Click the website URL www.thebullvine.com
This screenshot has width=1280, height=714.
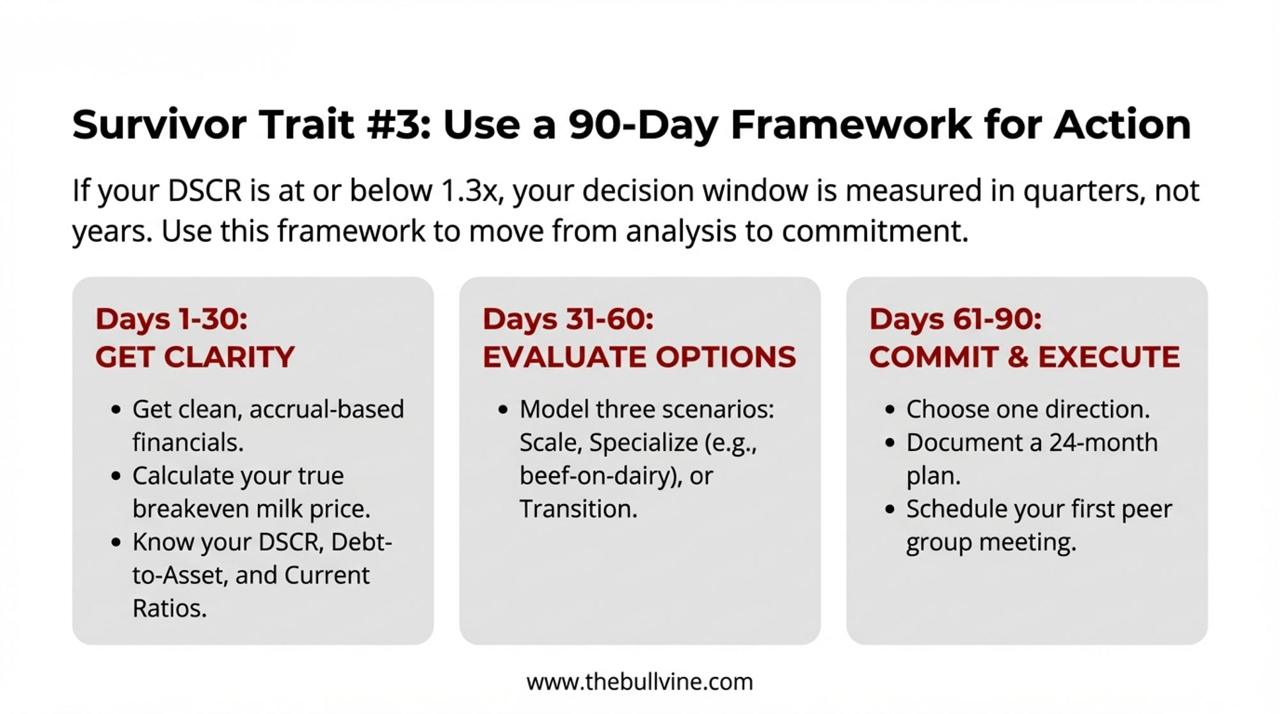coord(639,682)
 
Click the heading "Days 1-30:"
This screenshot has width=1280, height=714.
coord(172,319)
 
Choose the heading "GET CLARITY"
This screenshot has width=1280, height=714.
coord(195,357)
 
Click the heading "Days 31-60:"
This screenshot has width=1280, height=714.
coord(568,319)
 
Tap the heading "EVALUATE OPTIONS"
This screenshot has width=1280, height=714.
coord(639,357)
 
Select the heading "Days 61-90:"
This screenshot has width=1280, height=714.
coord(956,319)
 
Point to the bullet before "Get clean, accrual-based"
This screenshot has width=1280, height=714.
coord(116,410)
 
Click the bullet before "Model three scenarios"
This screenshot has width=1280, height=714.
coord(503,410)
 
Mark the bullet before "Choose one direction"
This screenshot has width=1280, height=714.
coord(890,410)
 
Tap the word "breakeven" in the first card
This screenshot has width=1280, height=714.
coord(191,509)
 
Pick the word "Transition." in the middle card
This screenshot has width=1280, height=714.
coord(579,509)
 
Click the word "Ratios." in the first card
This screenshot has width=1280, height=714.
coord(170,608)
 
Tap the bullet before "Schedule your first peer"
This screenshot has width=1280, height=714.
coord(890,510)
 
